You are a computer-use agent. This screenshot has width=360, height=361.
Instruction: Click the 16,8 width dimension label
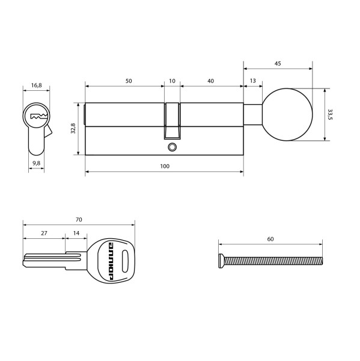coord(36,85)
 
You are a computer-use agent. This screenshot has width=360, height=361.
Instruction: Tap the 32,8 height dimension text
coord(73,128)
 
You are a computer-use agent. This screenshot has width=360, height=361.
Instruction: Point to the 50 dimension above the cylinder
coord(129,81)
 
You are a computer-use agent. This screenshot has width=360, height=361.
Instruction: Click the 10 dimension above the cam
coord(172,81)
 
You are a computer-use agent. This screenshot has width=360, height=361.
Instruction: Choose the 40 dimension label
coord(211,81)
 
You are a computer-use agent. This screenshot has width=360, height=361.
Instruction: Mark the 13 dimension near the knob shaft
coord(251,81)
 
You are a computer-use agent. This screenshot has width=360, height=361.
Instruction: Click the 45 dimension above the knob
coord(278,63)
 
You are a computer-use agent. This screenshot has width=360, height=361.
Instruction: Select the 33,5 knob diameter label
coord(330,114)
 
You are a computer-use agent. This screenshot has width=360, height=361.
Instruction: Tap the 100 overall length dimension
coord(164,166)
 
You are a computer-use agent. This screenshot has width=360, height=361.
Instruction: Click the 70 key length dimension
coord(78,220)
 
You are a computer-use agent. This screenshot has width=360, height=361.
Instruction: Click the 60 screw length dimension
coord(270,239)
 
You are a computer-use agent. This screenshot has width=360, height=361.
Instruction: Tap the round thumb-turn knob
coord(288,114)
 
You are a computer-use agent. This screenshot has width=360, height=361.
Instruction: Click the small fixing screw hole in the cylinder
coord(172,146)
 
